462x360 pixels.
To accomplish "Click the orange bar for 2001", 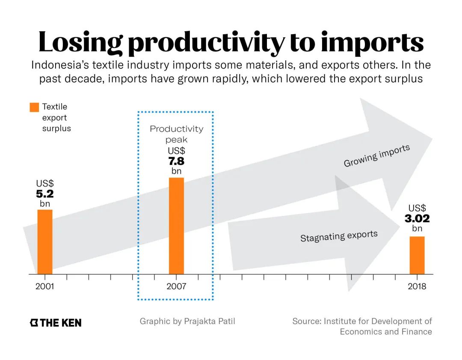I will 45,241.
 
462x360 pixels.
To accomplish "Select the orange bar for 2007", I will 176,226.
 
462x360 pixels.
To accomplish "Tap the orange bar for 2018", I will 417,255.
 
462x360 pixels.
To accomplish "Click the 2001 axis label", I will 45,286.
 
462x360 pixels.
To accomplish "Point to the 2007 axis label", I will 176,286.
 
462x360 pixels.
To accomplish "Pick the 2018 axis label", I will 417,286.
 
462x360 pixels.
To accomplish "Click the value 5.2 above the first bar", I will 45,194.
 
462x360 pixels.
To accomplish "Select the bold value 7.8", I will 176,161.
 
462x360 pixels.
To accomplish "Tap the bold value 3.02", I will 417,219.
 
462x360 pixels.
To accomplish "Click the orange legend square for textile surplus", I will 34,107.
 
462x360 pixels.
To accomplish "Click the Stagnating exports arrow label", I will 339,236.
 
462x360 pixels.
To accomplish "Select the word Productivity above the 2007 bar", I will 176,129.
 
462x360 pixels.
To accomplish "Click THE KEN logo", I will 56,323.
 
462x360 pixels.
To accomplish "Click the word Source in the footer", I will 307,321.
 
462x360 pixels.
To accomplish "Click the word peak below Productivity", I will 176,140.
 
